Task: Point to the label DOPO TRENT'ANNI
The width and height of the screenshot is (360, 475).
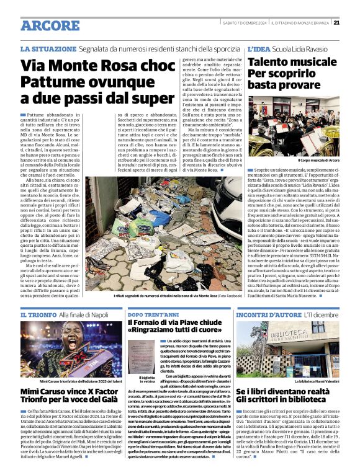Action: [153, 315]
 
